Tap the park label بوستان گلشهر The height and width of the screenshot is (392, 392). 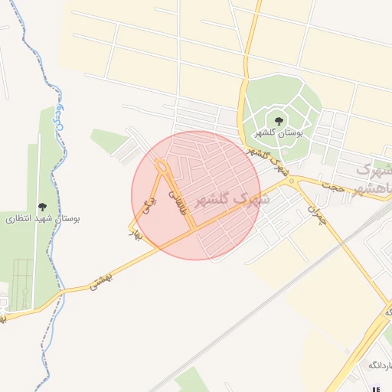point(279,132)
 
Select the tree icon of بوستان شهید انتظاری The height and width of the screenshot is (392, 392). point(41,207)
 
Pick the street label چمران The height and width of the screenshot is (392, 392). point(317,211)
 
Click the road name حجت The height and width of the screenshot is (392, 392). point(334,186)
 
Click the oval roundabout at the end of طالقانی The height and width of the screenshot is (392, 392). point(162,166)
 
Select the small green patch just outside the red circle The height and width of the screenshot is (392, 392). point(109,139)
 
